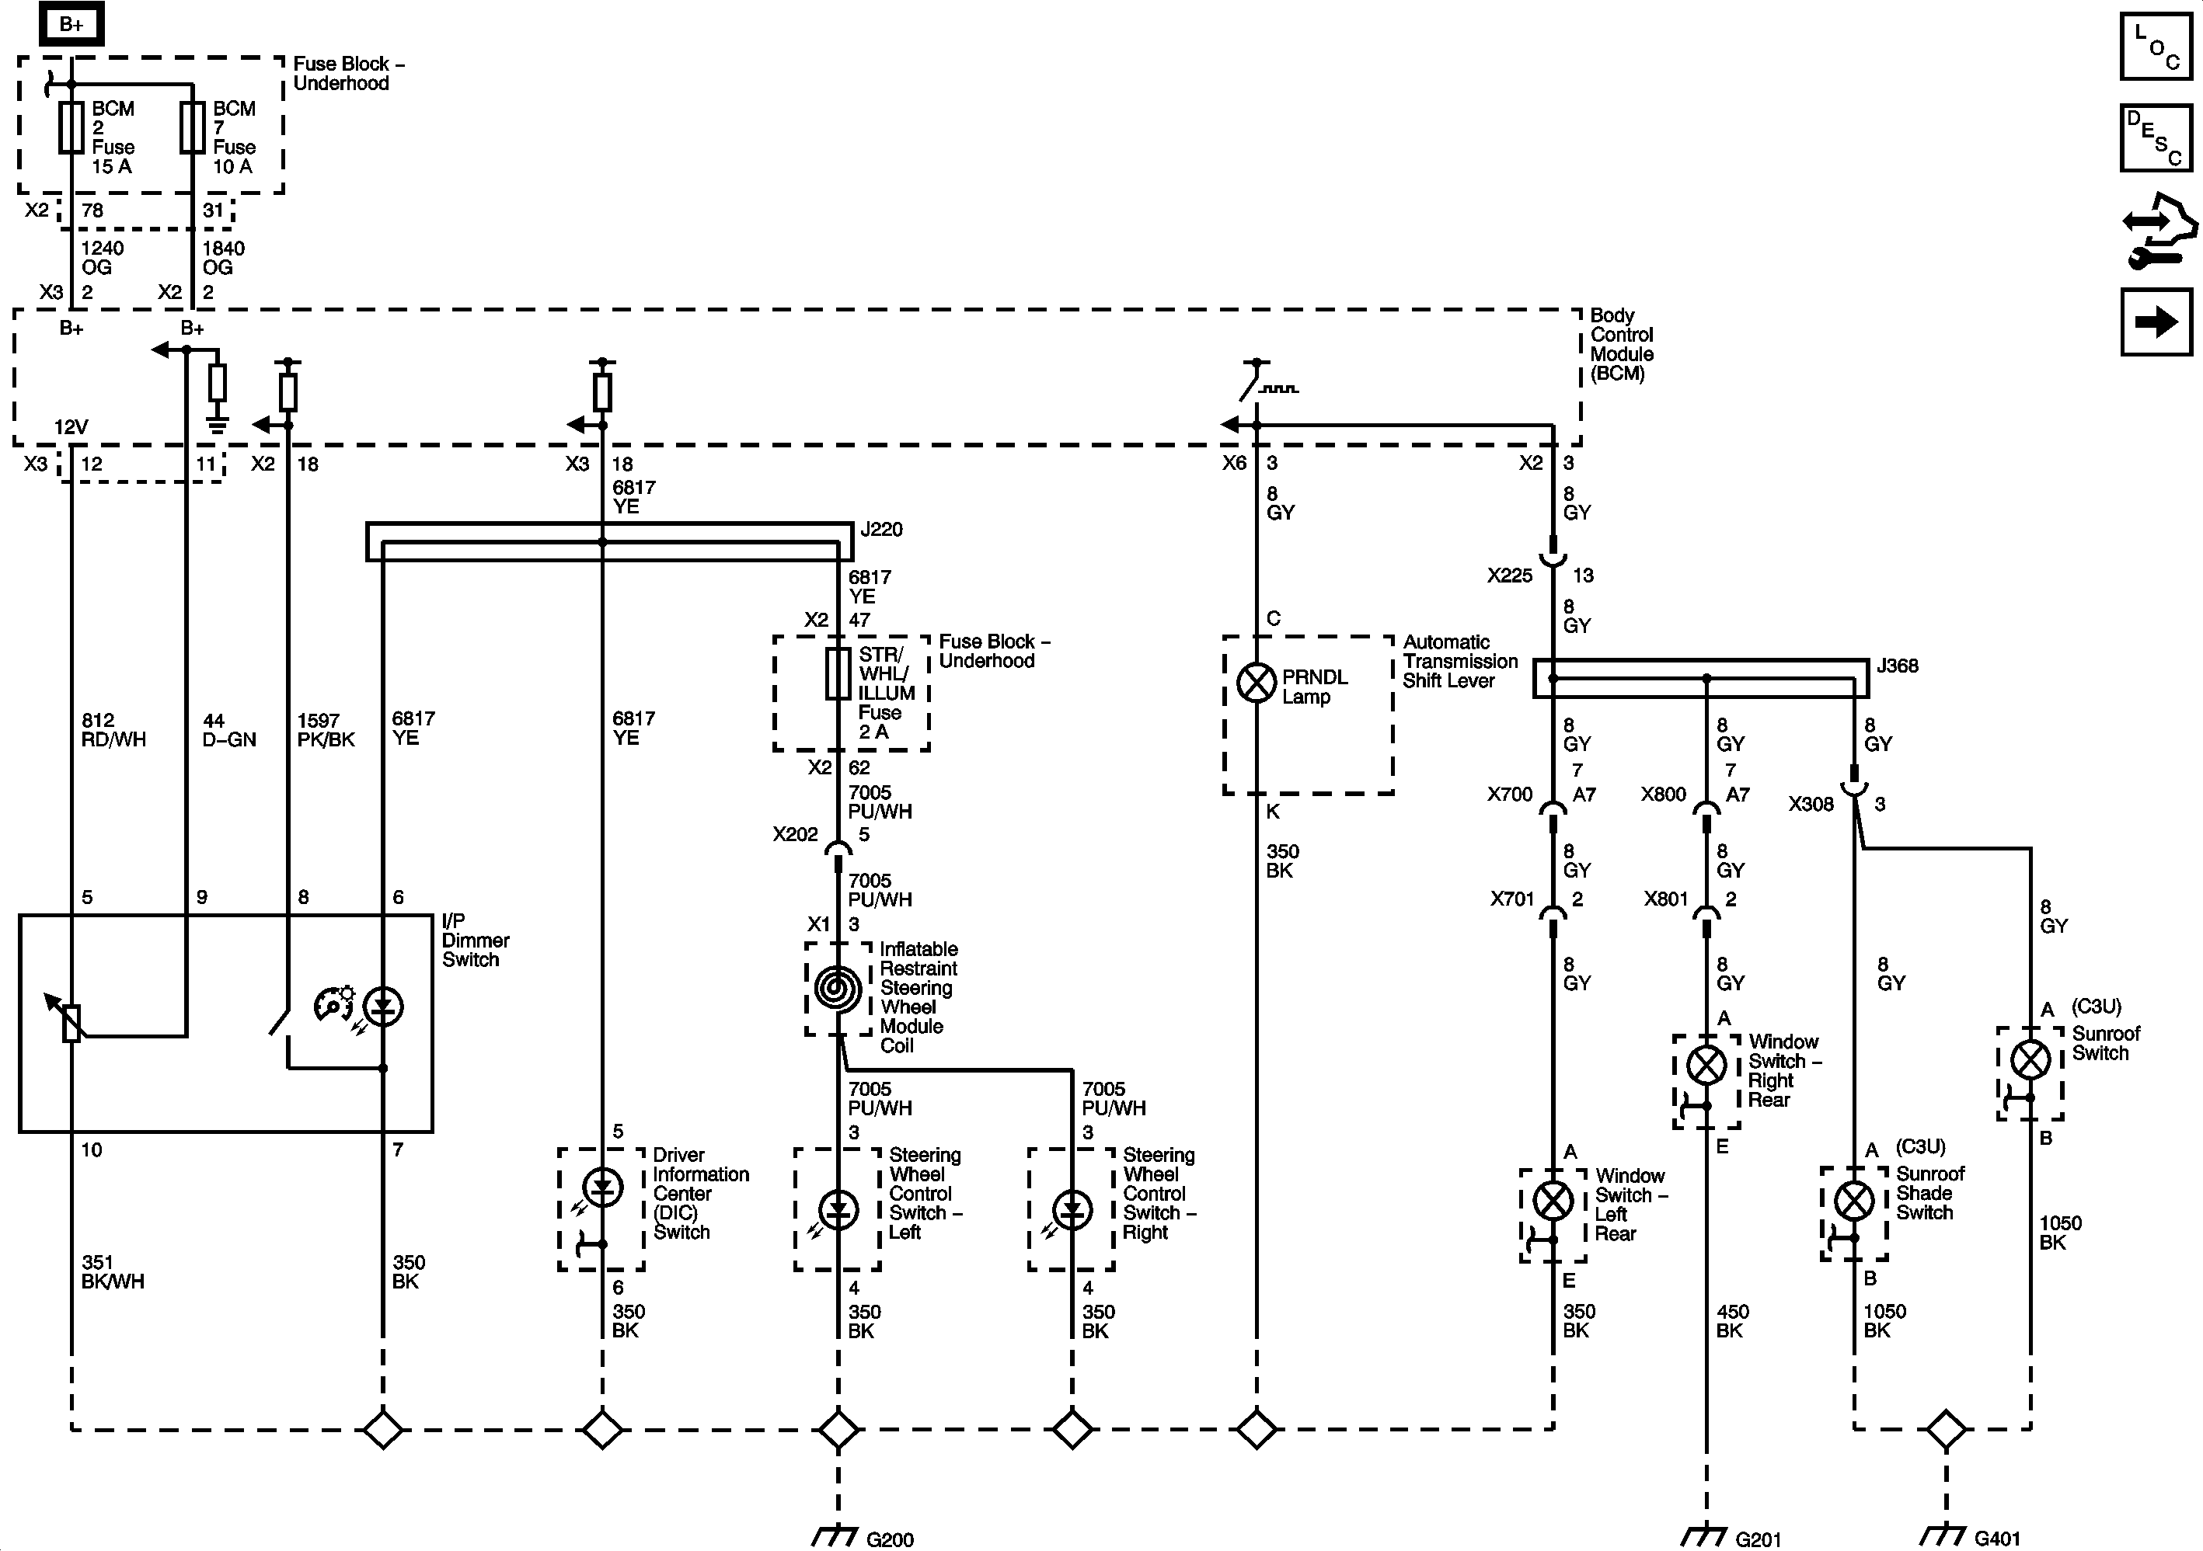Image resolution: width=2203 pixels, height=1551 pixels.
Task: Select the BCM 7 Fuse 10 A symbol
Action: pos(193,127)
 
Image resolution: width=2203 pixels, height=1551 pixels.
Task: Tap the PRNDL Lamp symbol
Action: pos(1256,683)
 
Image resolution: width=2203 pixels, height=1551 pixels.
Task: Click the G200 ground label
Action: pos(890,1539)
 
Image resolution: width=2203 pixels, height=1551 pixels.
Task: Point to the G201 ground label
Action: pos(1758,1539)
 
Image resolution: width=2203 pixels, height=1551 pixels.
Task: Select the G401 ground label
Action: pos(1998,1539)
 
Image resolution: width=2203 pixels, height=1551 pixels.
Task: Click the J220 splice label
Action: pos(881,530)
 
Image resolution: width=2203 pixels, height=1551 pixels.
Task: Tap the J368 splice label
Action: pos(1897,666)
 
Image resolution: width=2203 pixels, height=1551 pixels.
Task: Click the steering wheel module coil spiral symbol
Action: pos(838,988)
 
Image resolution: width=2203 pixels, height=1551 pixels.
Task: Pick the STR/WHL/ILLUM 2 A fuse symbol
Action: pos(838,673)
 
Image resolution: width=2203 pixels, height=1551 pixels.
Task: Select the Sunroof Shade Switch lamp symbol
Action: pos(1854,1200)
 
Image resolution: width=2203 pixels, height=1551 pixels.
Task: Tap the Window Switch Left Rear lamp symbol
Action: pos(1553,1201)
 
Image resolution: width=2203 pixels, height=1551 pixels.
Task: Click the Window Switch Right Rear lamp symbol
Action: pos(1706,1065)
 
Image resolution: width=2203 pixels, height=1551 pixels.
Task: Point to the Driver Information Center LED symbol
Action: pos(602,1188)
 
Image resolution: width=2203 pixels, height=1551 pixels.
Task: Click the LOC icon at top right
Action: pos(2155,46)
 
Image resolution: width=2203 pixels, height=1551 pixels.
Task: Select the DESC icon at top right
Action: pos(2155,138)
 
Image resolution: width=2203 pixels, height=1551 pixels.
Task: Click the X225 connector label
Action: pos(1509,576)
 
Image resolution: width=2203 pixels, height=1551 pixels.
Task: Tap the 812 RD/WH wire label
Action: pos(113,730)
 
